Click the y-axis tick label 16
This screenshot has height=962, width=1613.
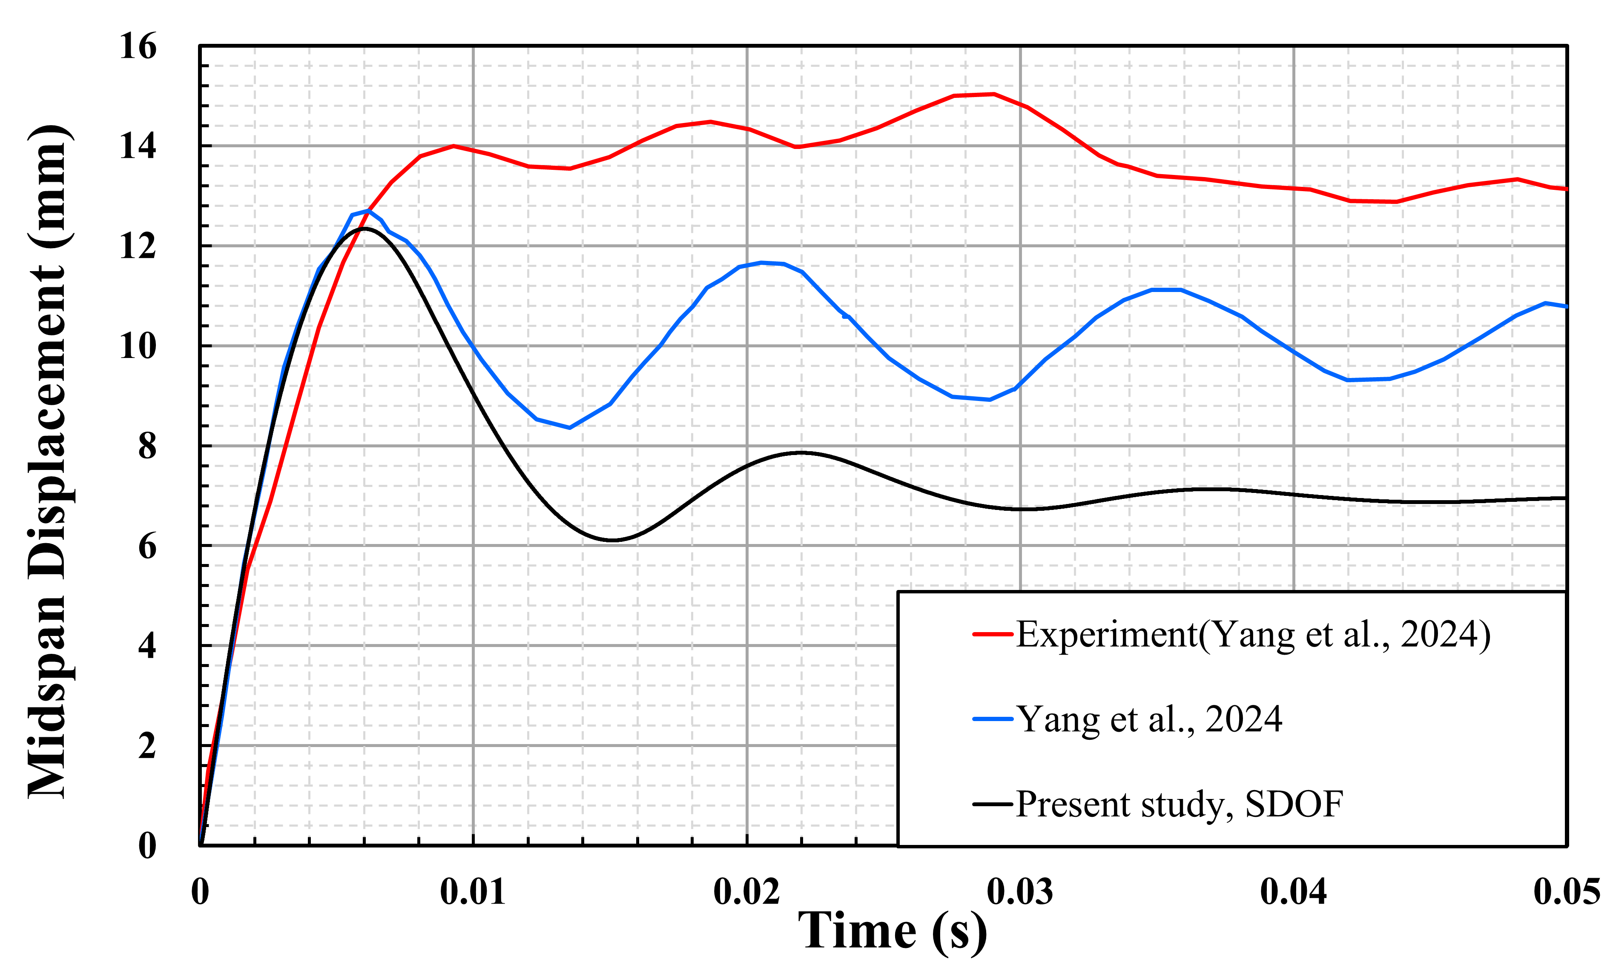[138, 47]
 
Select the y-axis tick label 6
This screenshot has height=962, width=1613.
[147, 547]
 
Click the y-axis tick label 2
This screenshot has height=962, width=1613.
[147, 746]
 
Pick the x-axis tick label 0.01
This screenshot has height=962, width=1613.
[473, 892]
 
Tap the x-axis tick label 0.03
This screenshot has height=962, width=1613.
[1020, 892]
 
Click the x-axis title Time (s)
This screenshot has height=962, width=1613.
[892, 931]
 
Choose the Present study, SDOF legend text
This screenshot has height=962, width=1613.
[1179, 805]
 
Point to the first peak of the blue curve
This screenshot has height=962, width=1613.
[367, 211]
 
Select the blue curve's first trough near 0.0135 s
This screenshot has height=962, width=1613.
[569, 428]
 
